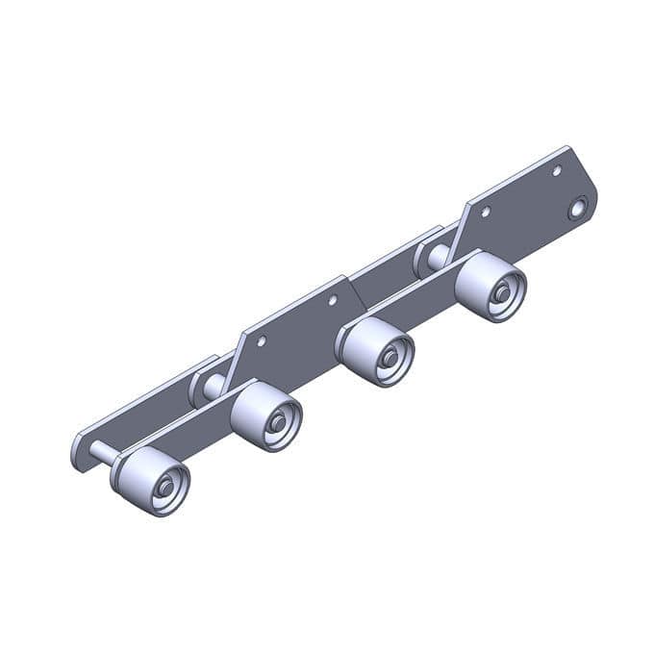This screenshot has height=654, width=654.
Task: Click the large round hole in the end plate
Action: [x=578, y=208]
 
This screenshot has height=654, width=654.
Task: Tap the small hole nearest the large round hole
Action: [x=556, y=171]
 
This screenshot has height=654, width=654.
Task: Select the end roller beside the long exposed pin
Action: [x=152, y=481]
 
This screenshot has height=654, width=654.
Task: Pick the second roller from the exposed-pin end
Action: [x=267, y=415]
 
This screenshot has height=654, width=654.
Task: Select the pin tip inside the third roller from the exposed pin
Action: [x=389, y=357]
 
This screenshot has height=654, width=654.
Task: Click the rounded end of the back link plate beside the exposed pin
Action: [x=81, y=451]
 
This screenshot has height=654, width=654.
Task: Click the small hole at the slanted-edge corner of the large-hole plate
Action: [x=486, y=211]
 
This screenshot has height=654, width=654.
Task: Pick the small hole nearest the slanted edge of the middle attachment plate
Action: [x=333, y=300]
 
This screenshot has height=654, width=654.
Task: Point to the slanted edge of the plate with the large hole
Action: [x=459, y=227]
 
